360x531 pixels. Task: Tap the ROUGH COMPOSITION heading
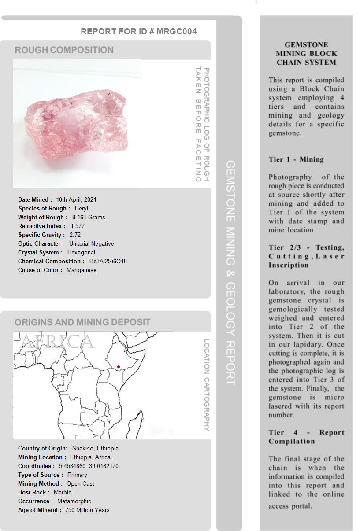[x=64, y=50]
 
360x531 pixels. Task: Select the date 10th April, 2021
[x=76, y=199]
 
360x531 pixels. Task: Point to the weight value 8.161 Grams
[x=89, y=217]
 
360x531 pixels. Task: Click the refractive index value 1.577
[x=78, y=226]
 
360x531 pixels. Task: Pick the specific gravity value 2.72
[x=75, y=235]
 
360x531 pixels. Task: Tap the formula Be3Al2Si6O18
[x=108, y=261]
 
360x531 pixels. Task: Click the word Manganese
[x=82, y=270]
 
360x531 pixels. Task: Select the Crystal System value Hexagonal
[x=81, y=252]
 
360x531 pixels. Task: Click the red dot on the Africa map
[x=119, y=367]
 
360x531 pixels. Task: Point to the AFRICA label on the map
[x=57, y=342]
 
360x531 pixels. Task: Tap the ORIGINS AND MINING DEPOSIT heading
[x=82, y=322]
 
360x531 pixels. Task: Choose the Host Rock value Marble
[x=62, y=492]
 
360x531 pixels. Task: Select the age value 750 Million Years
[x=87, y=510]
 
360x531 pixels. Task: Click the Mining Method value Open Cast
[x=80, y=483]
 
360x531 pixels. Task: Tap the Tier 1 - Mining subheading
[x=296, y=159]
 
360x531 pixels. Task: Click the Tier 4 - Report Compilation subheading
[x=306, y=437]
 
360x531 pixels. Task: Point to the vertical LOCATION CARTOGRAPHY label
[x=206, y=385]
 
